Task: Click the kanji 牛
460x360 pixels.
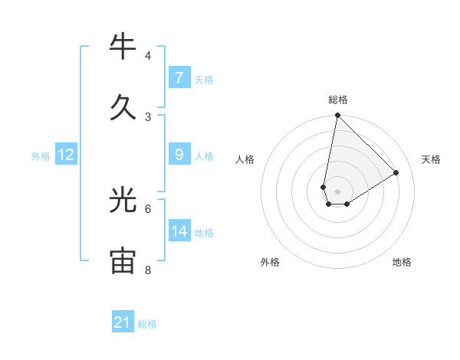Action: click(123, 47)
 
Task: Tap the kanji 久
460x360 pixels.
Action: click(123, 107)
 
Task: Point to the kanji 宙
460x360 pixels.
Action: click(123, 261)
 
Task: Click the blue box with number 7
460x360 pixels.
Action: click(179, 78)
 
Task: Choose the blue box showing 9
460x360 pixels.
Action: click(179, 155)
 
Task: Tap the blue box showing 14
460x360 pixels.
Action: click(179, 231)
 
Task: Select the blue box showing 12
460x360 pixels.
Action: click(66, 155)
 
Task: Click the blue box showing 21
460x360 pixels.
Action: click(123, 322)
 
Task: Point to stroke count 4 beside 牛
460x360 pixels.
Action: click(147, 56)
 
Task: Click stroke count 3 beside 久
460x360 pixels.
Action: click(147, 116)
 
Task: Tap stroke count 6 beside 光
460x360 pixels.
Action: click(147, 208)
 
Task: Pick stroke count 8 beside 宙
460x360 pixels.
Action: click(147, 270)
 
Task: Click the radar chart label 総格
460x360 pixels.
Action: click(337, 100)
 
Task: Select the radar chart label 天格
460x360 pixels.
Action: click(431, 159)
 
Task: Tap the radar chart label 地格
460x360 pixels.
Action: click(402, 262)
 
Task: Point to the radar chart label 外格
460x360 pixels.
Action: click(270, 262)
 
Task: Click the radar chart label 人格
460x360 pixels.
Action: click(245, 159)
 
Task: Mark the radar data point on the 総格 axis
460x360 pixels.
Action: click(337, 116)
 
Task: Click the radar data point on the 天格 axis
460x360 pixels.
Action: click(396, 173)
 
